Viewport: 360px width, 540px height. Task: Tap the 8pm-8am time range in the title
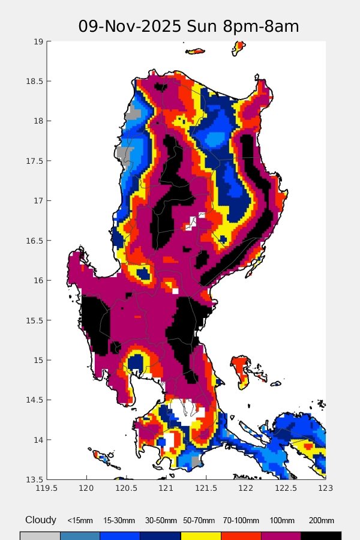point(265,27)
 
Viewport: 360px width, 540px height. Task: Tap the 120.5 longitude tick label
point(127,490)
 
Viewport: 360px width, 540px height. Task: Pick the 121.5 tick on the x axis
point(206,490)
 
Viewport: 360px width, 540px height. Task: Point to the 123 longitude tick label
point(325,490)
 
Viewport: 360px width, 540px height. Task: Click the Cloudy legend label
point(41,520)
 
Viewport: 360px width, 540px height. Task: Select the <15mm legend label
point(80,521)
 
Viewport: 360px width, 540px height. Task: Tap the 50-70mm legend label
point(200,521)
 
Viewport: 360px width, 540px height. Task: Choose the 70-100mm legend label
point(241,521)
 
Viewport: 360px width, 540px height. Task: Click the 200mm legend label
point(321,521)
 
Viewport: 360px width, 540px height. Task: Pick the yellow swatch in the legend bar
point(200,535)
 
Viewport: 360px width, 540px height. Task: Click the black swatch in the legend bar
point(321,535)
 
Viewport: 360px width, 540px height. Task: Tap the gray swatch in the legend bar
point(40,535)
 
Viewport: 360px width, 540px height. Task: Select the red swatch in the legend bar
point(241,535)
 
